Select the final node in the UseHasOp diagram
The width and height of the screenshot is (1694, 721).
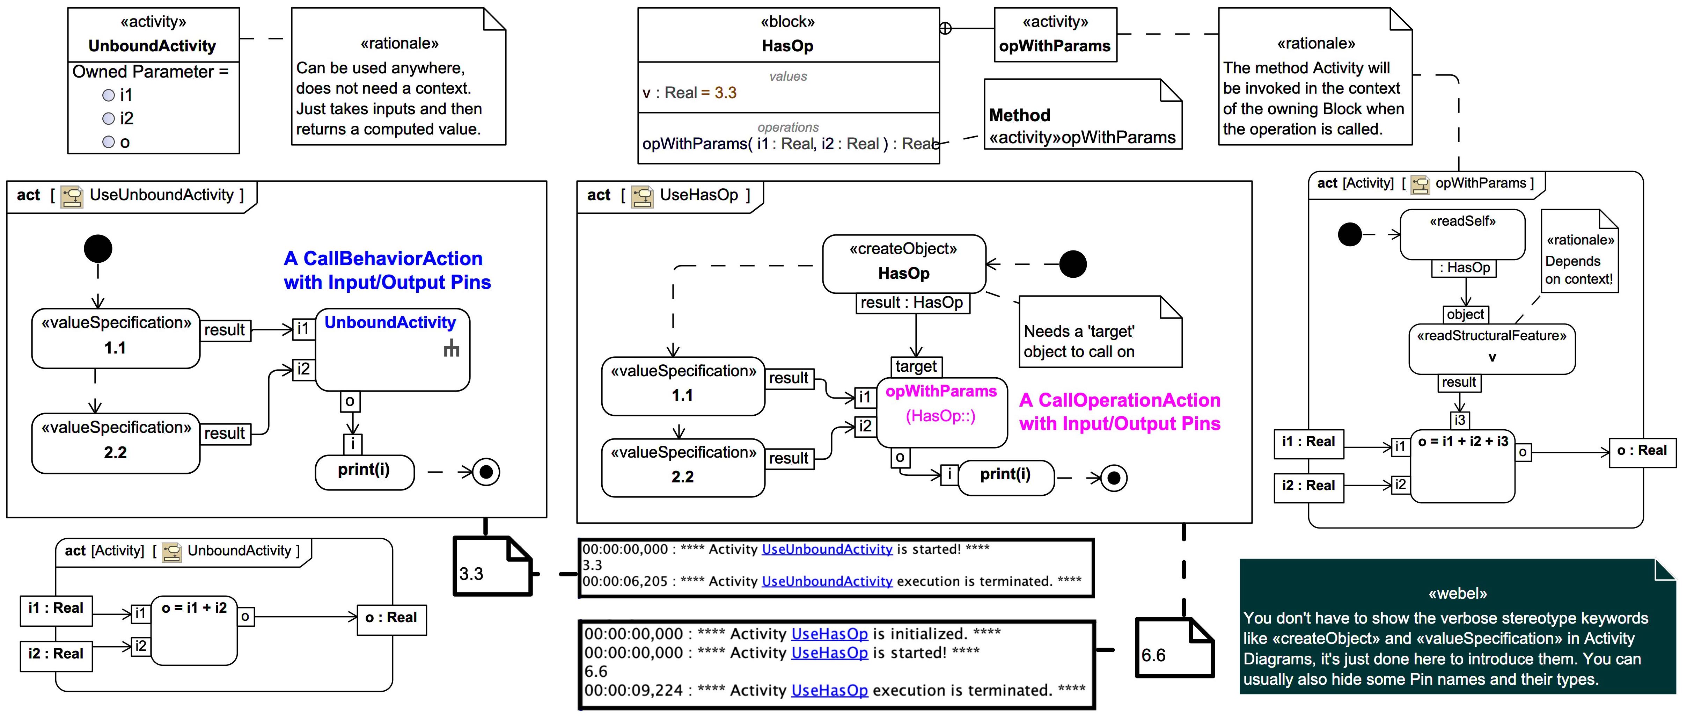(x=1113, y=478)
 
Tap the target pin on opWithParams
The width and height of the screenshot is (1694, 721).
(x=915, y=366)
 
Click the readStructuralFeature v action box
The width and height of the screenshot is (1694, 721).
(x=1491, y=348)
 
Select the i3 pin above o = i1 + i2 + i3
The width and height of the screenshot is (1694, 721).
(x=1459, y=420)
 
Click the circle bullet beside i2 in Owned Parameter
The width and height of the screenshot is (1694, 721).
(x=109, y=118)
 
